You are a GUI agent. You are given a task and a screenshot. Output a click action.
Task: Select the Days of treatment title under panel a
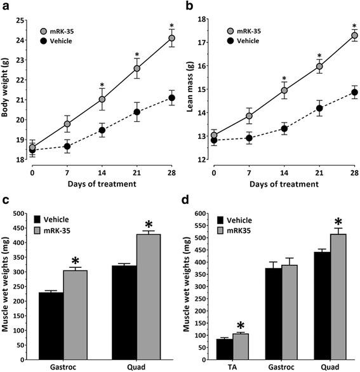[x=102, y=183]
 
